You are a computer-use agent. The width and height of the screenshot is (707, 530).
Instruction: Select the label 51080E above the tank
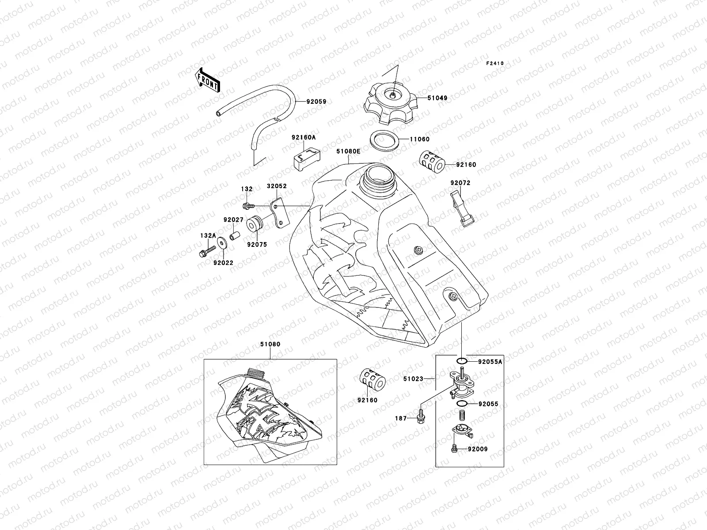click(348, 151)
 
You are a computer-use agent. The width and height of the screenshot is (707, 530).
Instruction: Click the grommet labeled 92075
click(255, 224)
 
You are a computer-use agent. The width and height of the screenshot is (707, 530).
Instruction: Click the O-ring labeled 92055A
click(461, 362)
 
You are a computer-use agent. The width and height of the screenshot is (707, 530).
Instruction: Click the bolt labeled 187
click(419, 418)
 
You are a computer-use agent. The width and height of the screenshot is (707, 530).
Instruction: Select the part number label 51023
click(413, 379)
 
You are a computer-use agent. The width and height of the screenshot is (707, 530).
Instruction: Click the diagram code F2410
click(495, 64)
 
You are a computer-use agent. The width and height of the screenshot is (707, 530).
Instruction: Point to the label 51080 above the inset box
click(270, 344)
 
